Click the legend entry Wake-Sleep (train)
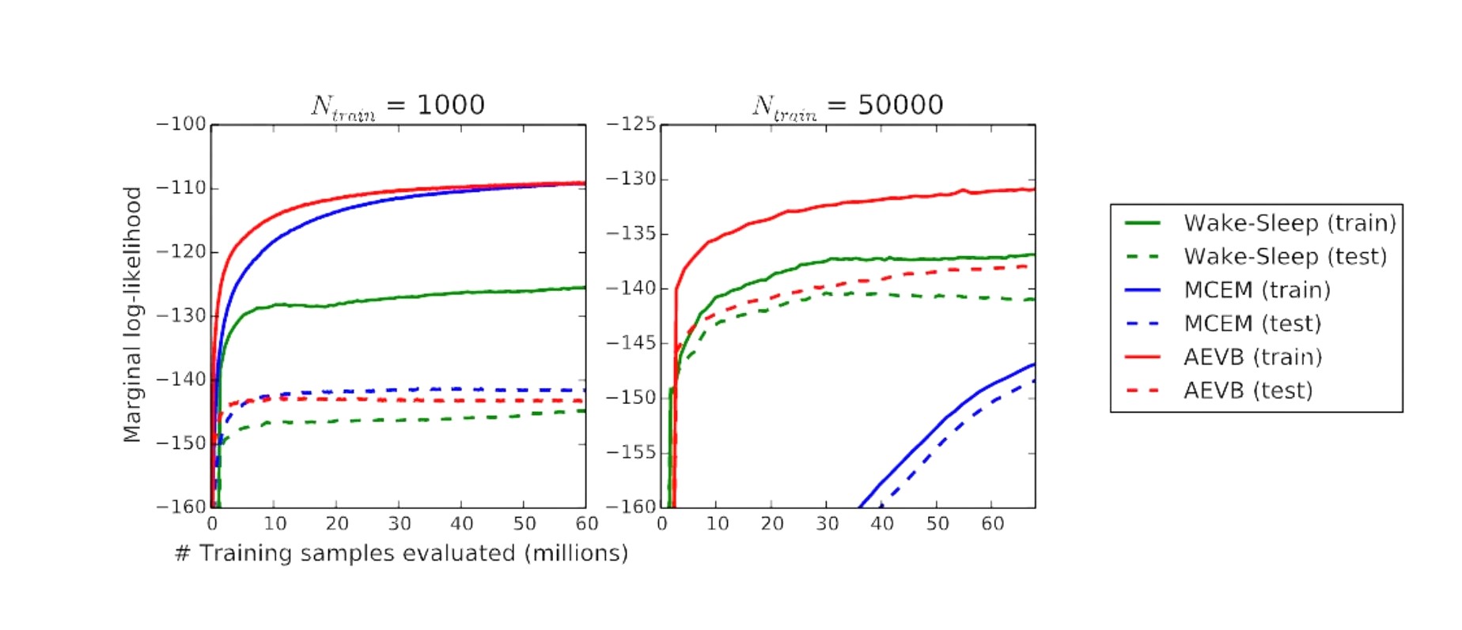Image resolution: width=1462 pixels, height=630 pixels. pos(1290,224)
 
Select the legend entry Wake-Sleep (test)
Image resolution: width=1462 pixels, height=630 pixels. pos(1285,257)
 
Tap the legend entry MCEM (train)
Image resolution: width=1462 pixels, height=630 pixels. pos(1257,290)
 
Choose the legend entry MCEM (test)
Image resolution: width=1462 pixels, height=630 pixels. pos(1252,323)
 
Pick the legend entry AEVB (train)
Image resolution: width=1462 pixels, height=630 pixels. pos(1252,357)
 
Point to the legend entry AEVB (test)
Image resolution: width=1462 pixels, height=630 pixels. pos(1248,390)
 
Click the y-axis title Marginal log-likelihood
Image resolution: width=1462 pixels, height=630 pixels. pos(132,315)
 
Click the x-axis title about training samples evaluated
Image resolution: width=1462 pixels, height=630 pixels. pos(401,553)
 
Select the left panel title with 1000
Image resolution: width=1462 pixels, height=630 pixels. pos(398,105)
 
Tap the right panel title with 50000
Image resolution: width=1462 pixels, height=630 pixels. pos(847,105)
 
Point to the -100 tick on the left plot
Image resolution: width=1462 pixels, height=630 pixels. pos(181,125)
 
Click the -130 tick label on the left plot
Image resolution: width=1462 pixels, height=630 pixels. pos(181,316)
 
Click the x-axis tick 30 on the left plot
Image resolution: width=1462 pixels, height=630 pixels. pos(400,524)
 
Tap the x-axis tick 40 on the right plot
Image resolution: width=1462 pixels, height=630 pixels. pos(882,524)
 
